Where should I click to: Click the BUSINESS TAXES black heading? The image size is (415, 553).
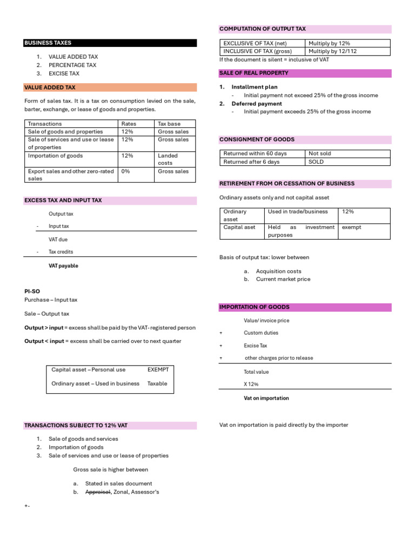tap(48, 43)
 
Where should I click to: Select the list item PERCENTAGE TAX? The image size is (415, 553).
tap(72, 65)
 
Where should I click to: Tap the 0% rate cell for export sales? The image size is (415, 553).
tap(125, 171)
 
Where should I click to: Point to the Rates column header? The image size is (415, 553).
tap(129, 124)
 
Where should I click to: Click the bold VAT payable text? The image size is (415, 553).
tap(63, 266)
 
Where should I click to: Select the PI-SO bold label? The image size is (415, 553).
tap(32, 291)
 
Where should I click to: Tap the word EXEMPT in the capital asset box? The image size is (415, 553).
tap(158, 369)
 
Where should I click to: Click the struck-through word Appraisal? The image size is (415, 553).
tap(98, 492)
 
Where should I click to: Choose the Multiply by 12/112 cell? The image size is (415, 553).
tap(332, 51)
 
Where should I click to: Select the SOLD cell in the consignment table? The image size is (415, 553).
tap(316, 161)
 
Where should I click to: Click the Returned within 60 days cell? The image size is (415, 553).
tap(255, 153)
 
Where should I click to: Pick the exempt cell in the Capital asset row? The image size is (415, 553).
tap(352, 227)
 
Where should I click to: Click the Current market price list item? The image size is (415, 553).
tap(283, 279)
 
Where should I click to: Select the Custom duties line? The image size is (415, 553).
tap(261, 333)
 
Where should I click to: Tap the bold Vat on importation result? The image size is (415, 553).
tap(266, 398)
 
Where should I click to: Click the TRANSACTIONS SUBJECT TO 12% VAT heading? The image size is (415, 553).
tap(76, 426)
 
